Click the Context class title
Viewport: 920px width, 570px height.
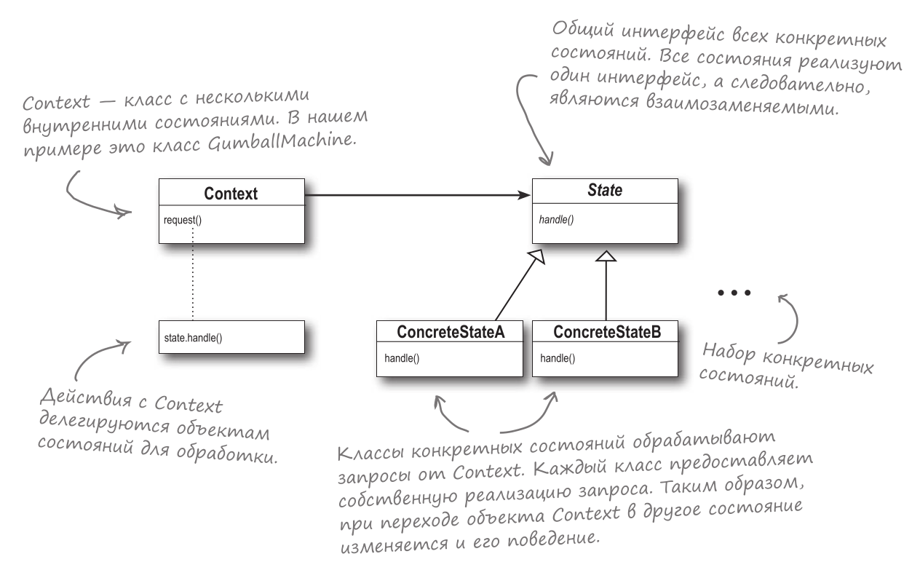coord(231,194)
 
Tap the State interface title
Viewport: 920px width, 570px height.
coord(606,194)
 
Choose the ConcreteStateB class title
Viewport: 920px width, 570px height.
coord(606,333)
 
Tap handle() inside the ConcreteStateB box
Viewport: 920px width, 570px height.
coord(557,359)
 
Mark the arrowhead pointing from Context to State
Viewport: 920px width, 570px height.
coord(524,194)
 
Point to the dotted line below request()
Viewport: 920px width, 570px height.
coord(193,273)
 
